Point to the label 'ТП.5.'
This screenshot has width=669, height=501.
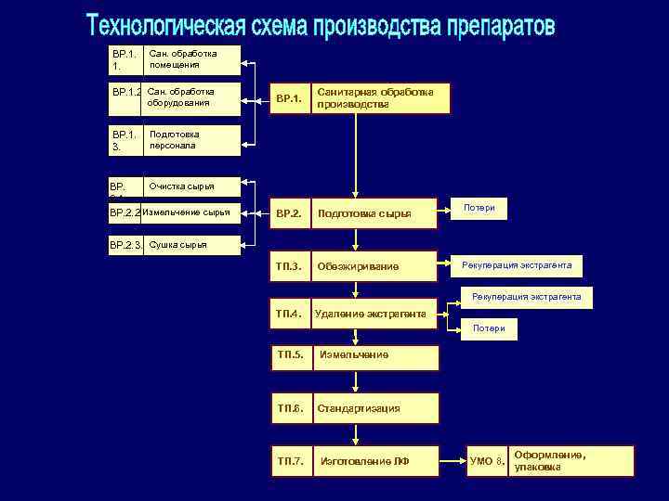291,356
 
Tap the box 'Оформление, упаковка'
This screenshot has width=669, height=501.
571,461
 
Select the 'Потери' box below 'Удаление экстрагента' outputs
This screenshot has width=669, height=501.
489,328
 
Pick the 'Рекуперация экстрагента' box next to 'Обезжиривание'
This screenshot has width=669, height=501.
517,266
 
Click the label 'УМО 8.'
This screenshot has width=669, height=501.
487,461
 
